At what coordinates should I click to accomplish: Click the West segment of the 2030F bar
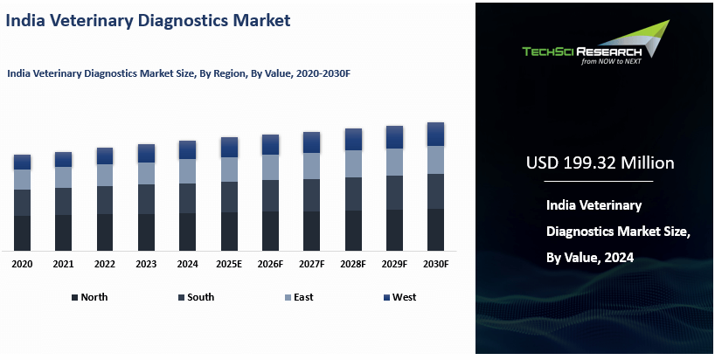pos(435,134)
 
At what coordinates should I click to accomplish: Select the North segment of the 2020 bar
pos(22,232)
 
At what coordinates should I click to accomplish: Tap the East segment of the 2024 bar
pos(187,170)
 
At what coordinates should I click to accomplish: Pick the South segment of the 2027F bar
pos(311,194)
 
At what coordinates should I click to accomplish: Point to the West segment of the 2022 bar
pos(105,156)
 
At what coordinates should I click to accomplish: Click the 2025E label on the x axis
pos(229,263)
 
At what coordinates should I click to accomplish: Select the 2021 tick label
pos(63,263)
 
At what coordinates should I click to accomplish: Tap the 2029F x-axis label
pos(394,263)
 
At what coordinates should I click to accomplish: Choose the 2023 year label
pos(146,263)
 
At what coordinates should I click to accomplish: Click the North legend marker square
pos(75,298)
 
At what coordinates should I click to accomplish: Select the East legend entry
pos(298,297)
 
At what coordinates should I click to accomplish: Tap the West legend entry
pos(399,297)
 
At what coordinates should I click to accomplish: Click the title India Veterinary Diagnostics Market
pos(149,20)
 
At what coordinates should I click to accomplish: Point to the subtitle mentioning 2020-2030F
pos(179,74)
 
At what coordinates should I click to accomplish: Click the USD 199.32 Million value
pos(600,163)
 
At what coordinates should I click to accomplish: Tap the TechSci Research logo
pos(594,45)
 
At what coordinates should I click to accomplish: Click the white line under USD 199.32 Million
pos(599,181)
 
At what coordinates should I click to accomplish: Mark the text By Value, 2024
pos(589,258)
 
